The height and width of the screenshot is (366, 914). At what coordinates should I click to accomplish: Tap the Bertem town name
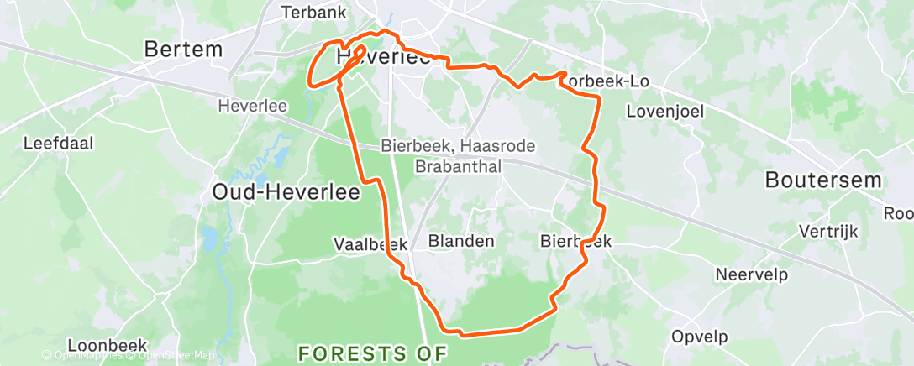coord(184,50)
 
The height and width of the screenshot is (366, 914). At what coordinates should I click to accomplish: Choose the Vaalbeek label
coord(370,244)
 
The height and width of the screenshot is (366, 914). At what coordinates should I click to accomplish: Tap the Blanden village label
coord(461,241)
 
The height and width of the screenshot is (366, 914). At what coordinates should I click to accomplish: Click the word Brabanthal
coord(459,166)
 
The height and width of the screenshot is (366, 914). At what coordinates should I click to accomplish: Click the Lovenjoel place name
coord(665,111)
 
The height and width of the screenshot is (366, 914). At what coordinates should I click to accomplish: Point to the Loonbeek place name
coord(107,345)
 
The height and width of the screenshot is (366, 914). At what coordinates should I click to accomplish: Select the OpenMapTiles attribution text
coord(84,356)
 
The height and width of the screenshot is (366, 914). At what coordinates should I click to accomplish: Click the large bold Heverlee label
coord(383,58)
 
